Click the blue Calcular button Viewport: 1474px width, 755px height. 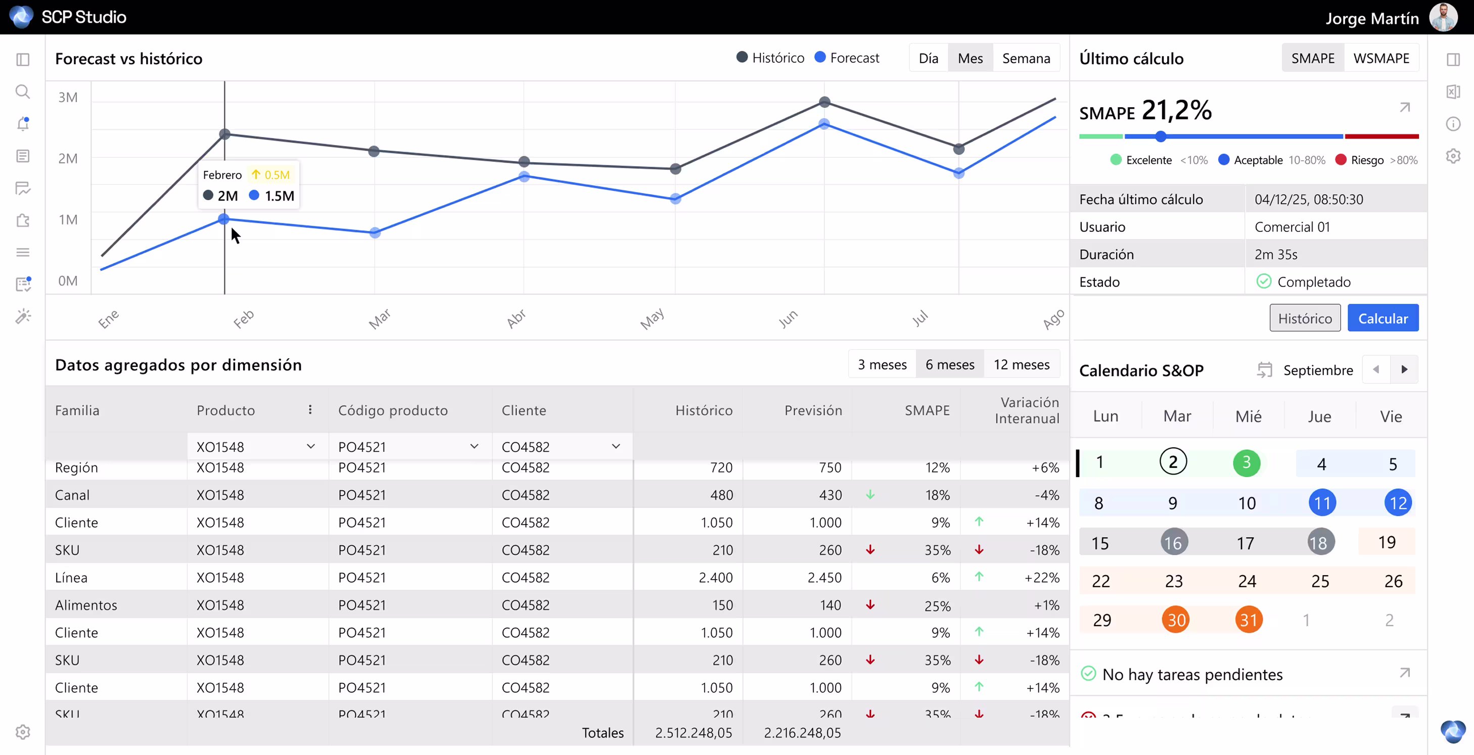[x=1383, y=318]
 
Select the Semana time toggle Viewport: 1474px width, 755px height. [x=1026, y=58]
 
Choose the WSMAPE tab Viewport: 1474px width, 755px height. [x=1380, y=58]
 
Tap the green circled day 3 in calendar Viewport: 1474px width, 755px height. [x=1246, y=462]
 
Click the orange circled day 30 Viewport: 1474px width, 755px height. [x=1175, y=620]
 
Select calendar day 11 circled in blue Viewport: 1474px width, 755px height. [x=1322, y=503]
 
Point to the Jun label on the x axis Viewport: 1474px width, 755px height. [x=788, y=318]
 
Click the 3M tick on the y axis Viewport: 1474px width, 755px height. [x=68, y=97]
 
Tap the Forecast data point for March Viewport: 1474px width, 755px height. [x=375, y=233]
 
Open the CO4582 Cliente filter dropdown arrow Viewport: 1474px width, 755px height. [x=616, y=446]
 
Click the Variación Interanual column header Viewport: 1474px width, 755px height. [x=1027, y=410]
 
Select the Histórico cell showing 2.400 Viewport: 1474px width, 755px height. [x=715, y=578]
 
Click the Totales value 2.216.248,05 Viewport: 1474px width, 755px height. [x=802, y=733]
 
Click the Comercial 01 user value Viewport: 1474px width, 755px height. [x=1292, y=227]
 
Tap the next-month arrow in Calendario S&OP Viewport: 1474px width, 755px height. [x=1404, y=369]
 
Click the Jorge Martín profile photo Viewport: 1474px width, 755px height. [x=1443, y=17]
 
